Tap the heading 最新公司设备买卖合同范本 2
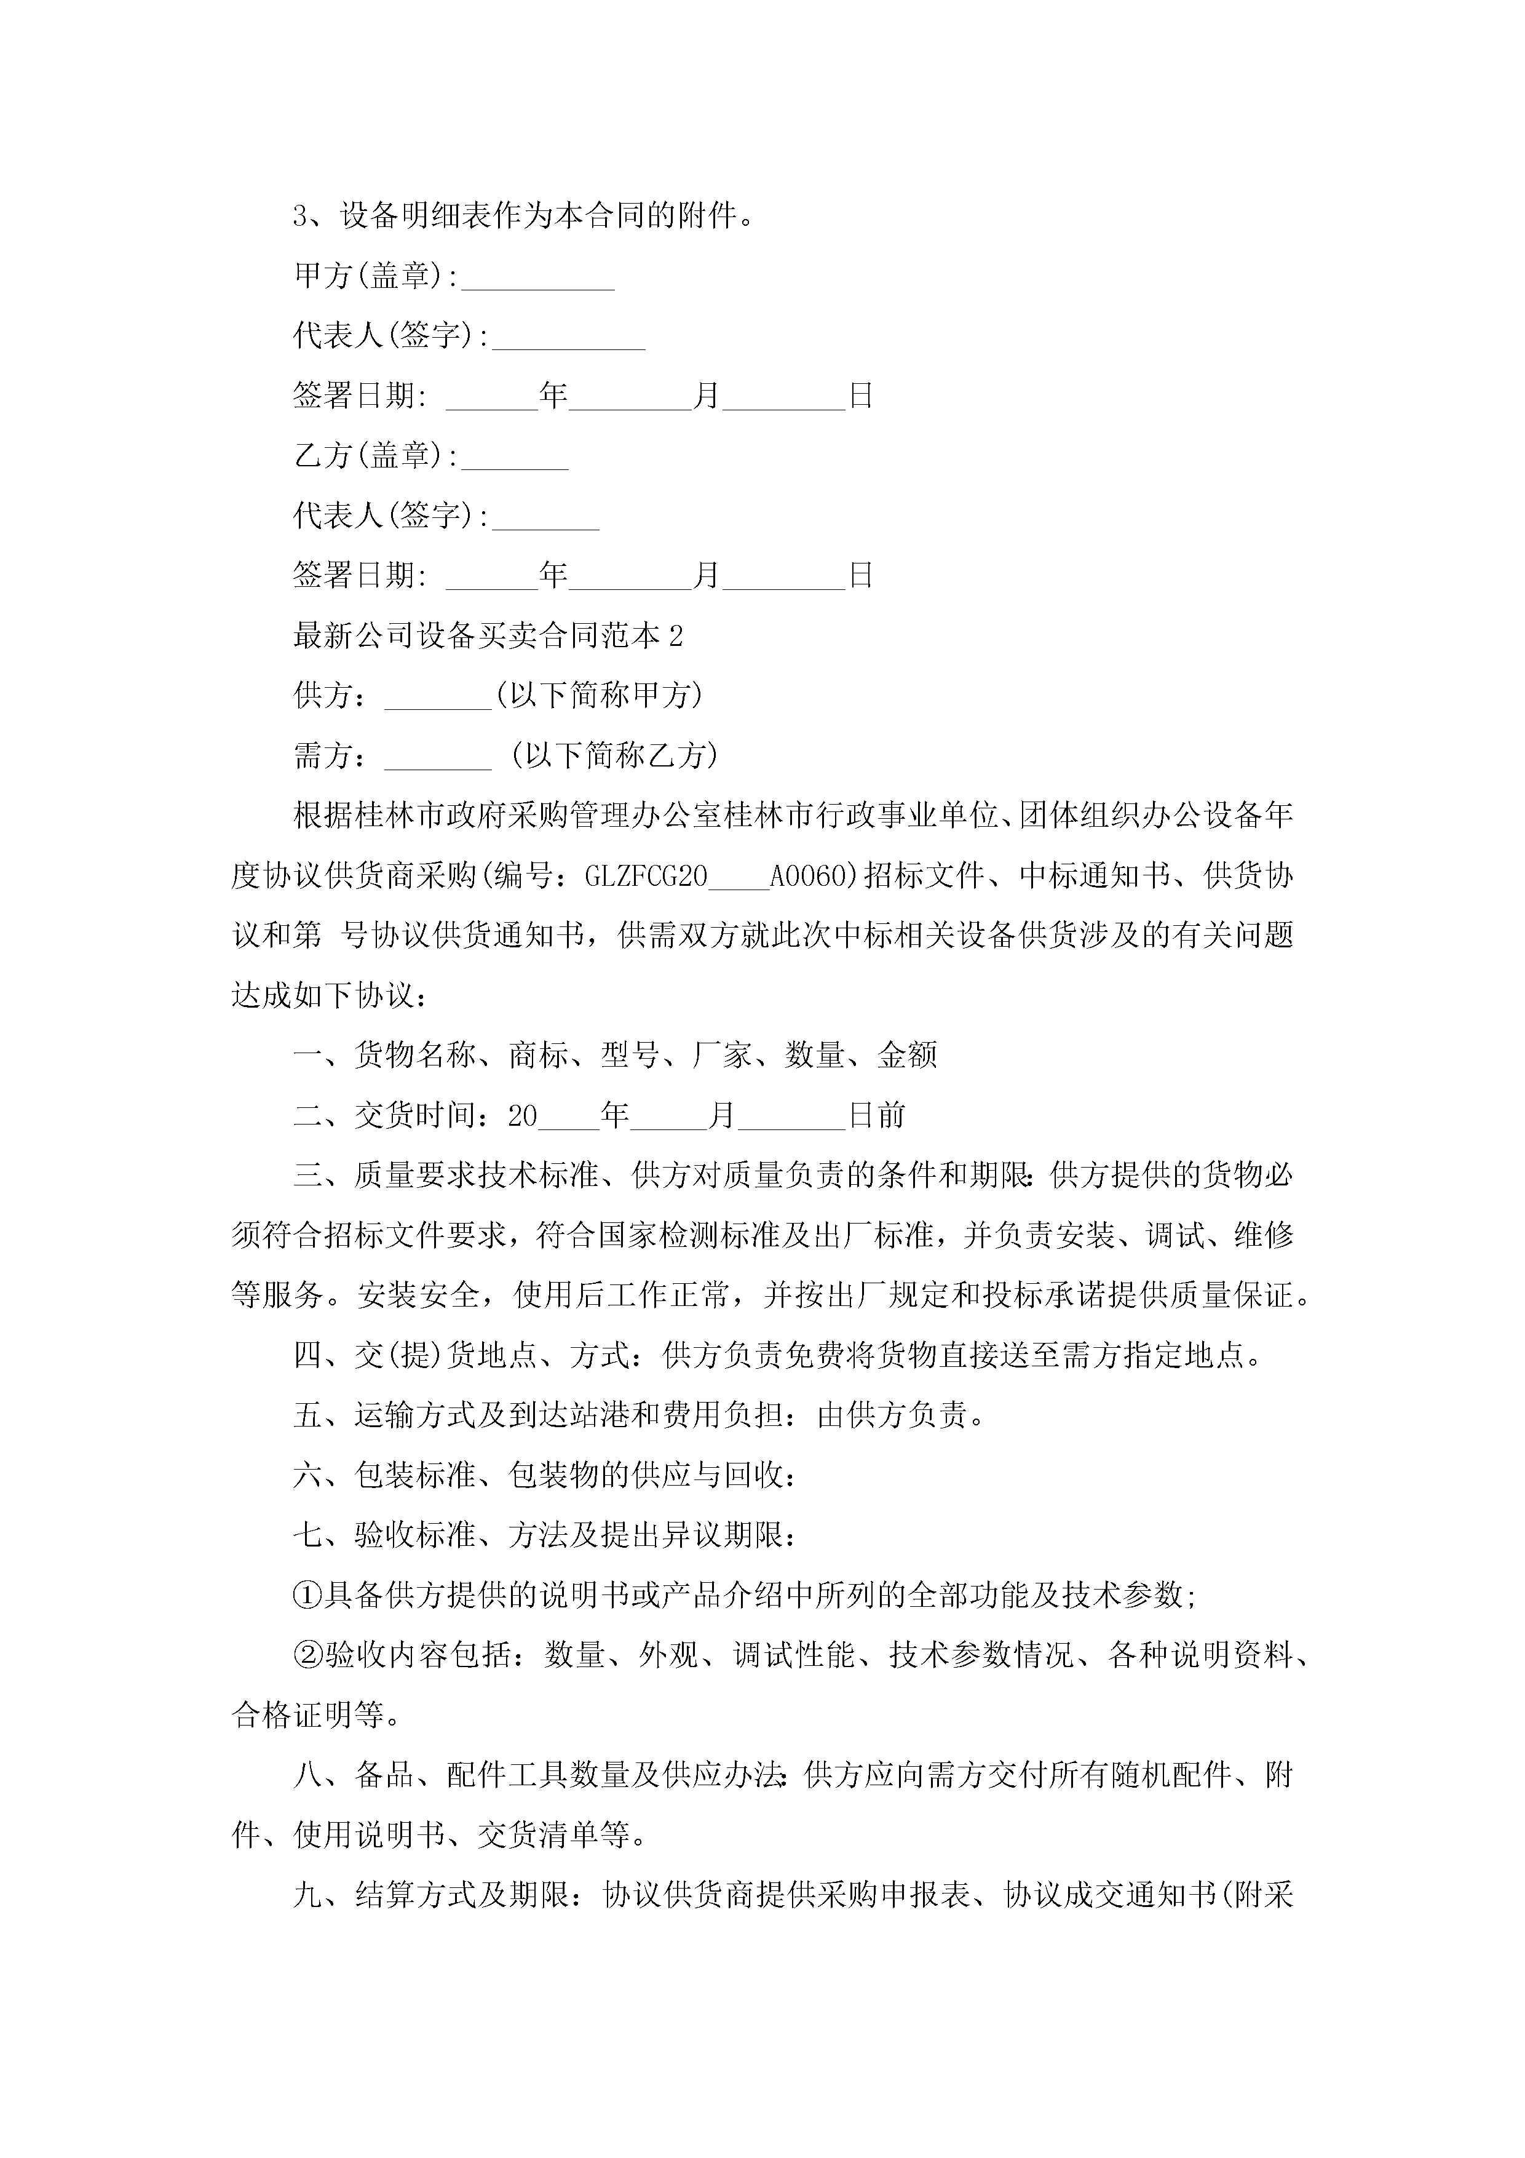488,636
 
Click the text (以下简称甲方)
598,696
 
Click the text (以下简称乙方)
614,755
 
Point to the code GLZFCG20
646,876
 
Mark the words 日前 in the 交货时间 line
877,1116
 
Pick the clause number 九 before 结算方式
307,1895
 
